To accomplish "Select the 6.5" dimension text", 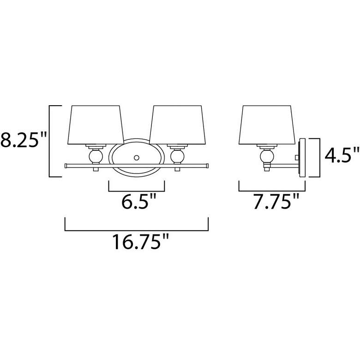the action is [138, 201].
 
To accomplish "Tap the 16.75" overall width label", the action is [140, 241].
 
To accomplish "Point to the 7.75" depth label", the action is [276, 201].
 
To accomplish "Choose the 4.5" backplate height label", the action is [342, 155].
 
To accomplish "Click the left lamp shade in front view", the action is [96, 125].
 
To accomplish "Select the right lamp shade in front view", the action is [178, 125].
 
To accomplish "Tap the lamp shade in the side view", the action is [267, 125].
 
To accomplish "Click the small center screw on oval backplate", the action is [137, 158].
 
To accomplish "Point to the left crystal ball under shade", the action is [96, 156].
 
